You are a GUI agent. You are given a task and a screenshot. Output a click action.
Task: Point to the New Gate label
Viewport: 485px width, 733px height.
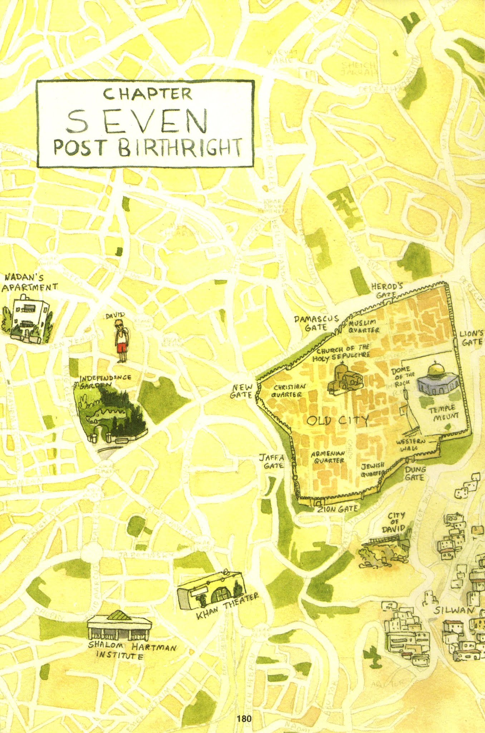click(243, 391)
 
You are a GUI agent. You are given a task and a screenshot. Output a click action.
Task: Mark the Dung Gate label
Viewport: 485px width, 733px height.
click(415, 473)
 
